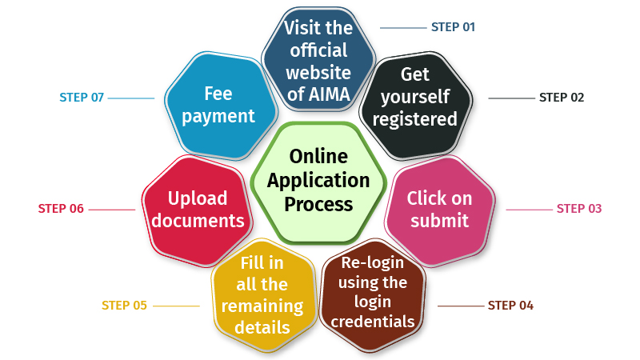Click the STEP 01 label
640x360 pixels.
pyautogui.click(x=453, y=27)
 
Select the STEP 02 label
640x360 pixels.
pyautogui.click(x=562, y=98)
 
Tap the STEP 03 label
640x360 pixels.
pyautogui.click(x=578, y=209)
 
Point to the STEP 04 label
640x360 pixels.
pyautogui.click(x=510, y=305)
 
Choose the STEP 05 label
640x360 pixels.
pyautogui.click(x=124, y=305)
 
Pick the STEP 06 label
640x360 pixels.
pyautogui.click(x=61, y=209)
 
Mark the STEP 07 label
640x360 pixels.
pyautogui.click(x=82, y=98)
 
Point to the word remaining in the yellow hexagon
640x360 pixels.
pyautogui.click(x=262, y=306)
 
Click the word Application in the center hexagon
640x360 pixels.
pyautogui.click(x=318, y=180)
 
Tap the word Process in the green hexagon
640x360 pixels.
pyautogui.click(x=318, y=204)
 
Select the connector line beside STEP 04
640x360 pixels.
pyautogui.click(x=459, y=306)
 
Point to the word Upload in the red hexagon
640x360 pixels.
pyautogui.click(x=198, y=198)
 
